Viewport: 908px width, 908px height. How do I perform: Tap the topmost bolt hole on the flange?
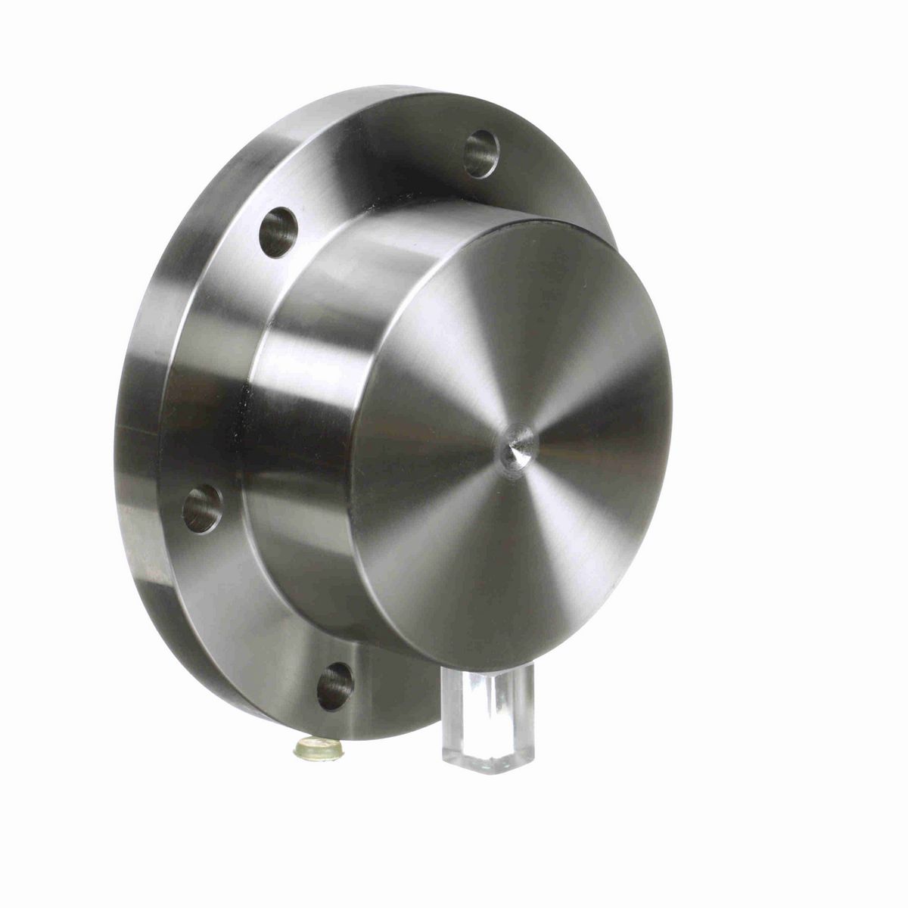click(x=481, y=154)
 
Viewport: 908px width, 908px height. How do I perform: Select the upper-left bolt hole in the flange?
click(x=278, y=232)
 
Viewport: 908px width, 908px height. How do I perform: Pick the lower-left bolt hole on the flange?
click(x=203, y=508)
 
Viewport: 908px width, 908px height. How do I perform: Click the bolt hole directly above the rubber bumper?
click(x=334, y=686)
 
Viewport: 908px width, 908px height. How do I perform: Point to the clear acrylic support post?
click(x=488, y=711)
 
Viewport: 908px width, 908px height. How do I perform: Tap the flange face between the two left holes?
click(x=219, y=371)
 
